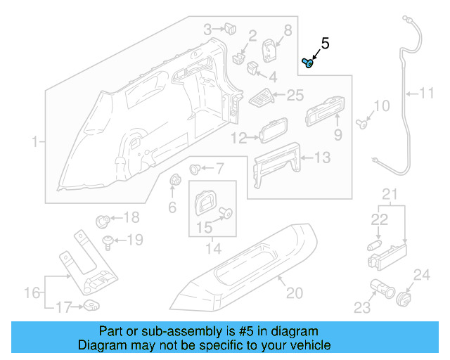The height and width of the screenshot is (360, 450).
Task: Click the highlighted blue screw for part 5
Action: (x=307, y=63)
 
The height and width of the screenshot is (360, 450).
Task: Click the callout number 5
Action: (x=325, y=44)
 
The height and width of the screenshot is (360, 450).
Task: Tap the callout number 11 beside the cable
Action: (x=427, y=92)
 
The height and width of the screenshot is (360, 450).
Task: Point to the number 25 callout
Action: (x=295, y=94)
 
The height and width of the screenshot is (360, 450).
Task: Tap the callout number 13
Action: (x=321, y=159)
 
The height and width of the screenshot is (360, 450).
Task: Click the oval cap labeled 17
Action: (x=91, y=305)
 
